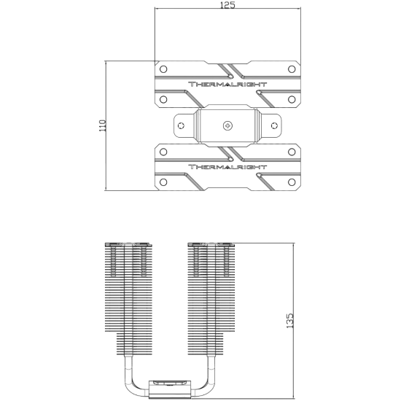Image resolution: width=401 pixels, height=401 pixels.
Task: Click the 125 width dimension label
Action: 227,5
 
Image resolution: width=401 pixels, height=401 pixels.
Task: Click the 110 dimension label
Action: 103,125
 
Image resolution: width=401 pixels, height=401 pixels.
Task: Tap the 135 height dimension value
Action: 289,321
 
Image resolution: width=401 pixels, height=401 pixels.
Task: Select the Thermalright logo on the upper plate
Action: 227,85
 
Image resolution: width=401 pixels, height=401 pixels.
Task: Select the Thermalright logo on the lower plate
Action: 227,167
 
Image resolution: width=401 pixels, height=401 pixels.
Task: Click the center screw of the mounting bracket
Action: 227,126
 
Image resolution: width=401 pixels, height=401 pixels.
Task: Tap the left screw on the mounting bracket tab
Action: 181,125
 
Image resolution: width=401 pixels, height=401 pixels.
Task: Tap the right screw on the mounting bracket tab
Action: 274,125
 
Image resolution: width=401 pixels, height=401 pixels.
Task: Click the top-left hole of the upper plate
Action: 163,69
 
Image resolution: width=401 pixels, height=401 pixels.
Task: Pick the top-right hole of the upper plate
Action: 292,69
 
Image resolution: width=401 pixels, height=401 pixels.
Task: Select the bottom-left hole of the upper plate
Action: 163,99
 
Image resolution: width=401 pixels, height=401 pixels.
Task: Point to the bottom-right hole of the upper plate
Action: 292,99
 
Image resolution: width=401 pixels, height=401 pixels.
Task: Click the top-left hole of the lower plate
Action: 163,152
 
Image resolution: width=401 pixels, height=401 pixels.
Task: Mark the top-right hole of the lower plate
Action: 292,152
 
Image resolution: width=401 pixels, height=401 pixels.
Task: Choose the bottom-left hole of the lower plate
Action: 163,182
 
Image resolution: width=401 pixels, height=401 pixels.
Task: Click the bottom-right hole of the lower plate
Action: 292,182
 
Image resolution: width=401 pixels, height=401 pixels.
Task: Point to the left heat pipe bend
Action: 132,384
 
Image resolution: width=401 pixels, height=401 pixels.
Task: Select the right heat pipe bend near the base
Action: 208,384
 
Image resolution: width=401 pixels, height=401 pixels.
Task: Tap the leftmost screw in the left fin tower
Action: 113,261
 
